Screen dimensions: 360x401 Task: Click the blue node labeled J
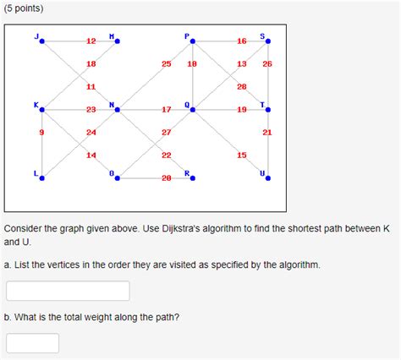coord(41,41)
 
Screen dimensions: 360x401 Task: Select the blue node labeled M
coord(118,41)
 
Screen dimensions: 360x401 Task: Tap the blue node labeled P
coord(193,41)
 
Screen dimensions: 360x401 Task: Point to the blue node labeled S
coord(268,41)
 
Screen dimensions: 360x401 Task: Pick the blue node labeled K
coord(41,109)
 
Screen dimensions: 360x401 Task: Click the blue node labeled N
coord(118,109)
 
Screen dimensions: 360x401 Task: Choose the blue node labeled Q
coord(193,109)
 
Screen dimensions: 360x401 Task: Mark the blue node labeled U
coord(268,177)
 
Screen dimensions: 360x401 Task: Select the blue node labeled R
coord(193,177)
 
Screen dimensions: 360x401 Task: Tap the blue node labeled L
coord(41,177)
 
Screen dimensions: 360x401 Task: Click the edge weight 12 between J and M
coord(91,41)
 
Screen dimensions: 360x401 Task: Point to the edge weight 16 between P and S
coord(242,41)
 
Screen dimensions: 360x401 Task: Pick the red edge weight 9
coord(41,133)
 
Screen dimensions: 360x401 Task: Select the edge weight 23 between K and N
coord(91,109)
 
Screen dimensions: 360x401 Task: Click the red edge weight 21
coord(267,133)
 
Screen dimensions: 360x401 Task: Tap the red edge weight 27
coord(167,133)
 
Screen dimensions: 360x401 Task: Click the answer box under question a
coord(68,291)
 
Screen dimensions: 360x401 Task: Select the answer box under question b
coord(32,343)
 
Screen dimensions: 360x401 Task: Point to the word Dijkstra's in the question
coord(197,229)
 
